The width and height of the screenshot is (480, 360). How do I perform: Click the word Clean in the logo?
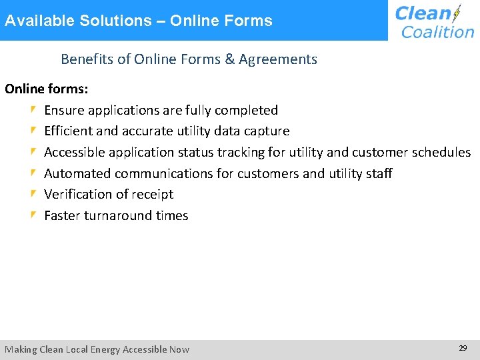(423, 13)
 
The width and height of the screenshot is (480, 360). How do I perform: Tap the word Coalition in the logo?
(437, 31)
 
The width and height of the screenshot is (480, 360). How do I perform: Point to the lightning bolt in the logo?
(457, 14)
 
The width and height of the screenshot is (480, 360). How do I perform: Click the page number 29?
(463, 348)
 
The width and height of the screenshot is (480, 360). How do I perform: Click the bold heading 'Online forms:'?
(47, 89)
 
